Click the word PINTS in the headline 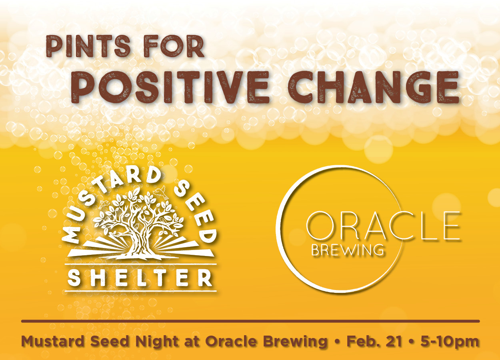tap(88, 46)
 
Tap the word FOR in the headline tap(174, 46)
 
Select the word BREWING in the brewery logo tap(348, 250)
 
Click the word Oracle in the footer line tap(231, 342)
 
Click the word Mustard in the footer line tap(53, 342)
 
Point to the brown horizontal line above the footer tap(250, 321)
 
